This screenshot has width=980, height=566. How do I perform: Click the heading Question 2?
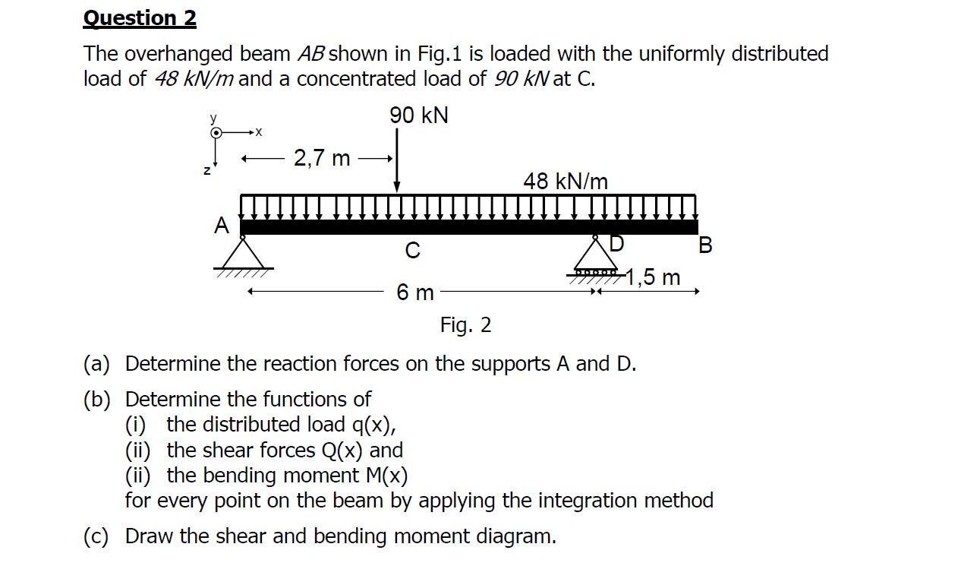click(140, 18)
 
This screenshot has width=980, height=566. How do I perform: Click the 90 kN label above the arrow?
click(419, 115)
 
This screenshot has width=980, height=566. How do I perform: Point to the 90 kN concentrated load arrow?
click(396, 160)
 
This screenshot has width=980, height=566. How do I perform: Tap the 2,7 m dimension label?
click(322, 158)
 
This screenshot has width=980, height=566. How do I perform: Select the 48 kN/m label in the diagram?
click(566, 182)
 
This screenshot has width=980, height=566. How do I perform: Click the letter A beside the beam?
click(221, 226)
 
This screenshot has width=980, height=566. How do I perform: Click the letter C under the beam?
click(412, 250)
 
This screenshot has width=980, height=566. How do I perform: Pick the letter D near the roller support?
click(616, 244)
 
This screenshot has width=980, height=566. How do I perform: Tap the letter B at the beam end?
click(705, 245)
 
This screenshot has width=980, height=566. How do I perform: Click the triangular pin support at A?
click(243, 253)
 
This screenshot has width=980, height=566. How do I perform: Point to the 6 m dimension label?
click(415, 292)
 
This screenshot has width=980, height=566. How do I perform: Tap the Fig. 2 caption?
click(465, 325)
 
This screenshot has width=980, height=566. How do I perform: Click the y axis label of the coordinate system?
click(213, 119)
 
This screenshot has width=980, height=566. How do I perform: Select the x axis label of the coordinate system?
click(258, 132)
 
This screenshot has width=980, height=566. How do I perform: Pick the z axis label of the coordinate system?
click(206, 171)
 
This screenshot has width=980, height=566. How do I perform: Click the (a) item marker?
click(96, 364)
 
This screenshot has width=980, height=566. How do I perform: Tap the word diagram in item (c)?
click(515, 536)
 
